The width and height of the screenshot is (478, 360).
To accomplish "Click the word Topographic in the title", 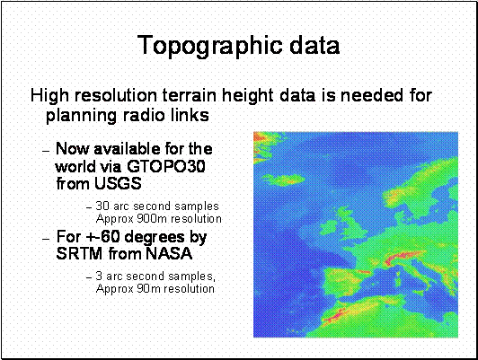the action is tap(210, 46).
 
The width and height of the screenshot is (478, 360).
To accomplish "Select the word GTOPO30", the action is tap(166, 166).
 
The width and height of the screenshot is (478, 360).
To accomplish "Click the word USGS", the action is tap(118, 183).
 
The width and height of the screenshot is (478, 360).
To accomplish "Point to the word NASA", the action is tap(169, 253).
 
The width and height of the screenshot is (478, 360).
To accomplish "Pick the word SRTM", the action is tap(79, 253).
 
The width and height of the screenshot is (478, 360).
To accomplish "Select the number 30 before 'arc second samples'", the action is tap(102, 206).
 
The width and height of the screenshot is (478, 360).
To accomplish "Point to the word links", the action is tap(190, 115).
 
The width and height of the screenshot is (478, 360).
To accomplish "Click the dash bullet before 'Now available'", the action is tap(46, 151).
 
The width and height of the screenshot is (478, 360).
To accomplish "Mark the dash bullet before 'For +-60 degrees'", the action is tap(46, 239).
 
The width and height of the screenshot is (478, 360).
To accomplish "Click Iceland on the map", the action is tap(283, 180).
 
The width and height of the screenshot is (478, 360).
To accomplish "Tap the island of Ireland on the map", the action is tap(331, 225).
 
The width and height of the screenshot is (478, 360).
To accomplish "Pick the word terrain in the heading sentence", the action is tap(190, 95).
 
